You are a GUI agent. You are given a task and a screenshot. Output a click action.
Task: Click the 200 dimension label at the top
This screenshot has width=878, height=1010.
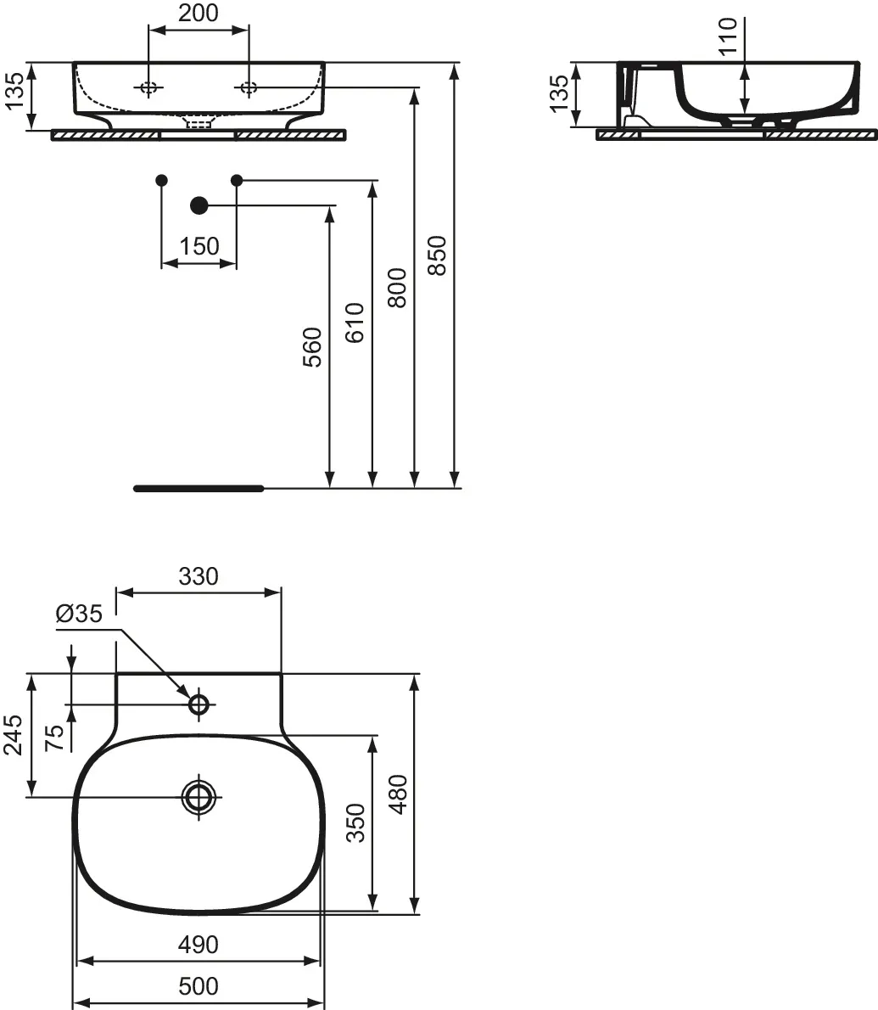coord(199,12)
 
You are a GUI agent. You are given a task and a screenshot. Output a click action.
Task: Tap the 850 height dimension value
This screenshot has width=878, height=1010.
coord(437,255)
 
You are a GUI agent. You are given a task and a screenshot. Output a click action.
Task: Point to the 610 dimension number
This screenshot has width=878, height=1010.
coord(355,323)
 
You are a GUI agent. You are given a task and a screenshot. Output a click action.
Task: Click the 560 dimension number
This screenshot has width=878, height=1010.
coord(312,347)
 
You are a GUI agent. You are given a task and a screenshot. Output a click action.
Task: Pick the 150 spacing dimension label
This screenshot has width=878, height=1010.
coord(199,246)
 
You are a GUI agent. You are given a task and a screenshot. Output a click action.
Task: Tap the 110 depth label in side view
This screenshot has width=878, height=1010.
coord(727,36)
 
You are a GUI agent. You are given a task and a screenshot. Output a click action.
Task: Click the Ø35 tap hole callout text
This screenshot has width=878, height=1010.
coord(79,613)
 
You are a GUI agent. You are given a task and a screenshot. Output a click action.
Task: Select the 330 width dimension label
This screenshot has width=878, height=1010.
coord(199,575)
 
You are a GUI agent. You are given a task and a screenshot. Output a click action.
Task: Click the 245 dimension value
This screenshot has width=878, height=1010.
coord(14,734)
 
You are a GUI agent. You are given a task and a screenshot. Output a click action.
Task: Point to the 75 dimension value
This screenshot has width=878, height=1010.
coord(55,738)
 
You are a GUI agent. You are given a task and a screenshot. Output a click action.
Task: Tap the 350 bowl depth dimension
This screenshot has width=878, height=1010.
coord(355,822)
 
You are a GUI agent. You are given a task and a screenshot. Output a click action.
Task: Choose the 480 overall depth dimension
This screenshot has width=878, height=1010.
coord(399,794)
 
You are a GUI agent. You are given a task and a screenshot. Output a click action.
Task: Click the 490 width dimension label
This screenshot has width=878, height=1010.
coord(199,945)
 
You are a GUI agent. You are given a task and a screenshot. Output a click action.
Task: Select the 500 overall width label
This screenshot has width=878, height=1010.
coord(199,985)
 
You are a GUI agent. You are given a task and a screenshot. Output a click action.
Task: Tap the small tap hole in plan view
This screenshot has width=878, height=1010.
coord(199,704)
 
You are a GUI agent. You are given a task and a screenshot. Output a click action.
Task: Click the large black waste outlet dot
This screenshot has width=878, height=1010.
coord(199,205)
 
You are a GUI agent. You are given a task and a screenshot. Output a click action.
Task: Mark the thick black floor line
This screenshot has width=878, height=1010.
coord(199,488)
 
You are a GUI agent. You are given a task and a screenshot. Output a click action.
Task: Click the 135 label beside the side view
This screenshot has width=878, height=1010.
coord(559,93)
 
